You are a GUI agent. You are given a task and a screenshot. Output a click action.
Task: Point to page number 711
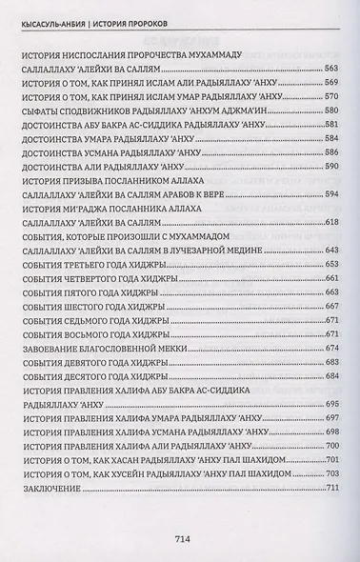(x=333, y=489)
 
